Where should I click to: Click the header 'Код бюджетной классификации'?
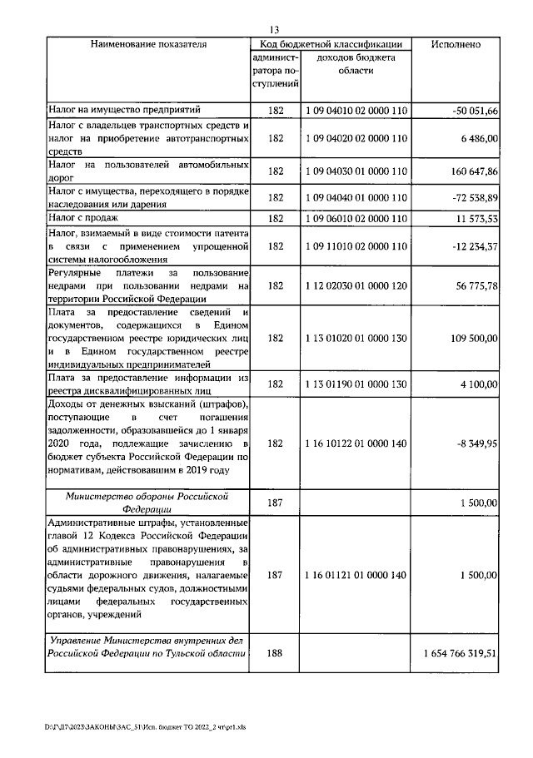[x=332, y=44]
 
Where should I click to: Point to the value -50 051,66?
[x=471, y=110]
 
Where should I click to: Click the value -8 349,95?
[x=474, y=444]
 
